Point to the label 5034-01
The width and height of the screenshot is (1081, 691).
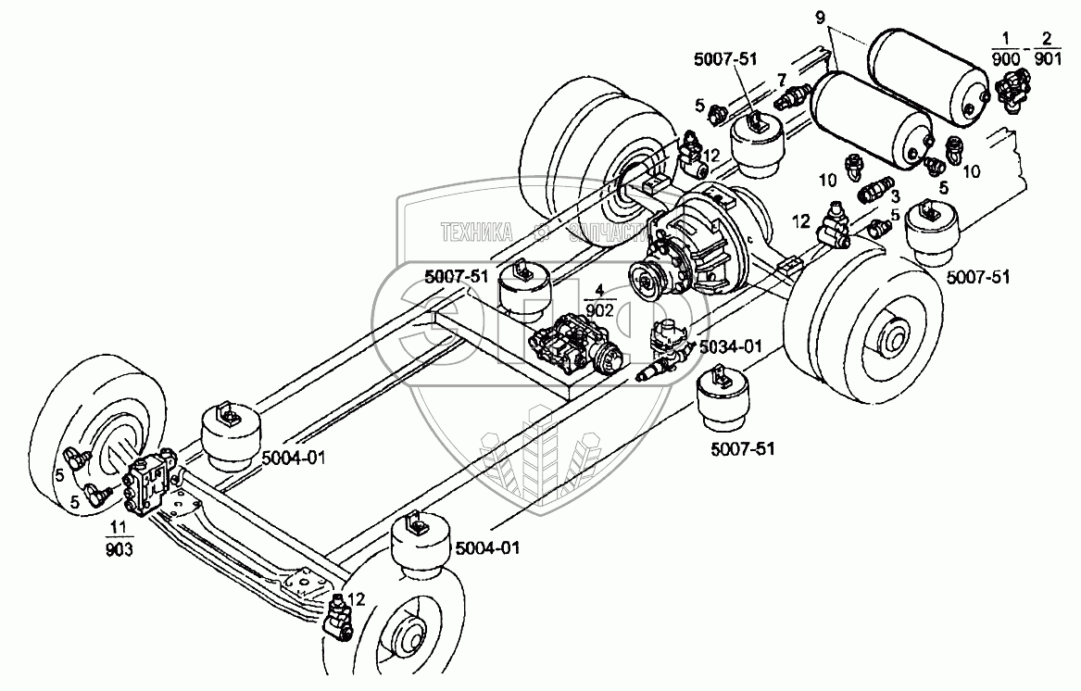coord(730,347)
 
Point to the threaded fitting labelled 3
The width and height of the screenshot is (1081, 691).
coord(872,194)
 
